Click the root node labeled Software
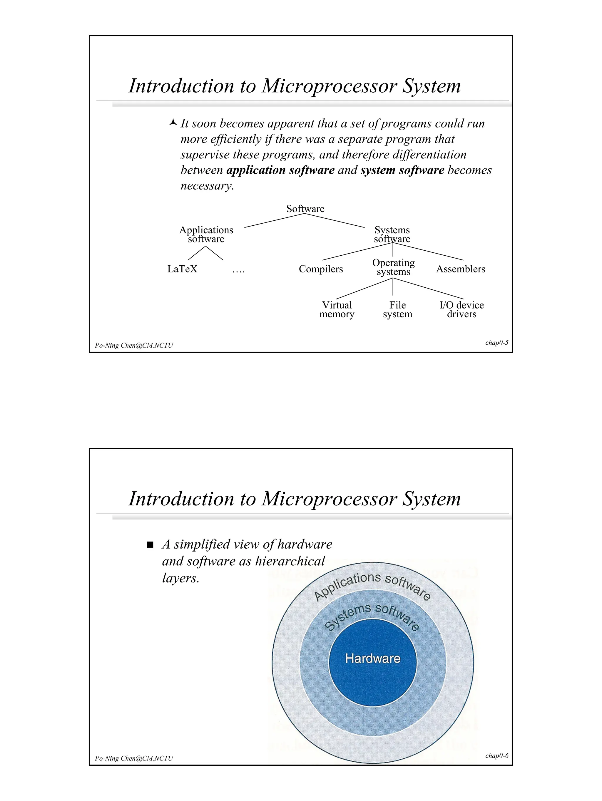305,209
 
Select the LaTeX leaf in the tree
182,269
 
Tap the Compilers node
321,269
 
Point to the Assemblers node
460,269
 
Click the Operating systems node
393,267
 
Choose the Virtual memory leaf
337,310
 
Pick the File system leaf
397,310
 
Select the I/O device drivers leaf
461,310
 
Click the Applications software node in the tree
206,234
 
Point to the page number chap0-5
496,343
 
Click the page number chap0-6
496,755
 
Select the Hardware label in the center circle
373,658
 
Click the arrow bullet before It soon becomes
173,123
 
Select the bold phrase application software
280,170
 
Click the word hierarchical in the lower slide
290,561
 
